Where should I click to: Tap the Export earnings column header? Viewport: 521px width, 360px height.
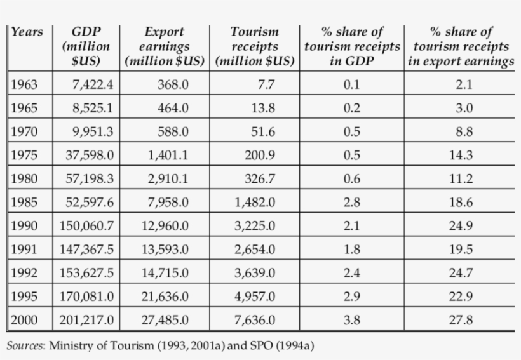tap(165, 46)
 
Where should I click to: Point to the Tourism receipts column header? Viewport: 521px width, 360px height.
tap(255, 46)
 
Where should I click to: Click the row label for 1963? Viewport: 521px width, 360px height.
tap(24, 85)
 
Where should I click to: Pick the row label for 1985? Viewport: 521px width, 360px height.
tap(24, 202)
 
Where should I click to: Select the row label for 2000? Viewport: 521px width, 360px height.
tap(24, 320)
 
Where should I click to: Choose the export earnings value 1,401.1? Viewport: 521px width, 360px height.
tap(168, 155)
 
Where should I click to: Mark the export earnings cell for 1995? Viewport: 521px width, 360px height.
tap(165, 297)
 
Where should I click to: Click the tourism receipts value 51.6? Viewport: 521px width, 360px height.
tap(263, 132)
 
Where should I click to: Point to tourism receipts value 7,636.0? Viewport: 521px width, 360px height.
tap(255, 320)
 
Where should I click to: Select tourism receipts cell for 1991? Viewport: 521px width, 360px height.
tap(255, 249)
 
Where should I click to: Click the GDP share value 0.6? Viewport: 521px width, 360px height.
tap(351, 179)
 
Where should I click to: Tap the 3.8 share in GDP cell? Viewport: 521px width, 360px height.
tap(351, 320)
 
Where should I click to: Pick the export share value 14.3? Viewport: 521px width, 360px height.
tap(461, 155)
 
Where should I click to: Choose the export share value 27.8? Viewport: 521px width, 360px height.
tap(461, 320)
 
